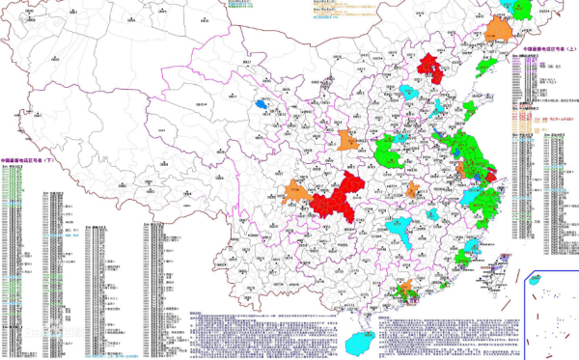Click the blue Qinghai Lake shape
pos(262,100)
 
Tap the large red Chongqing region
pos(337,197)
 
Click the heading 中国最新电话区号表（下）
pos(34,162)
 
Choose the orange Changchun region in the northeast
pos(502,29)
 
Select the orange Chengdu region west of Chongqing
pos(297,193)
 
